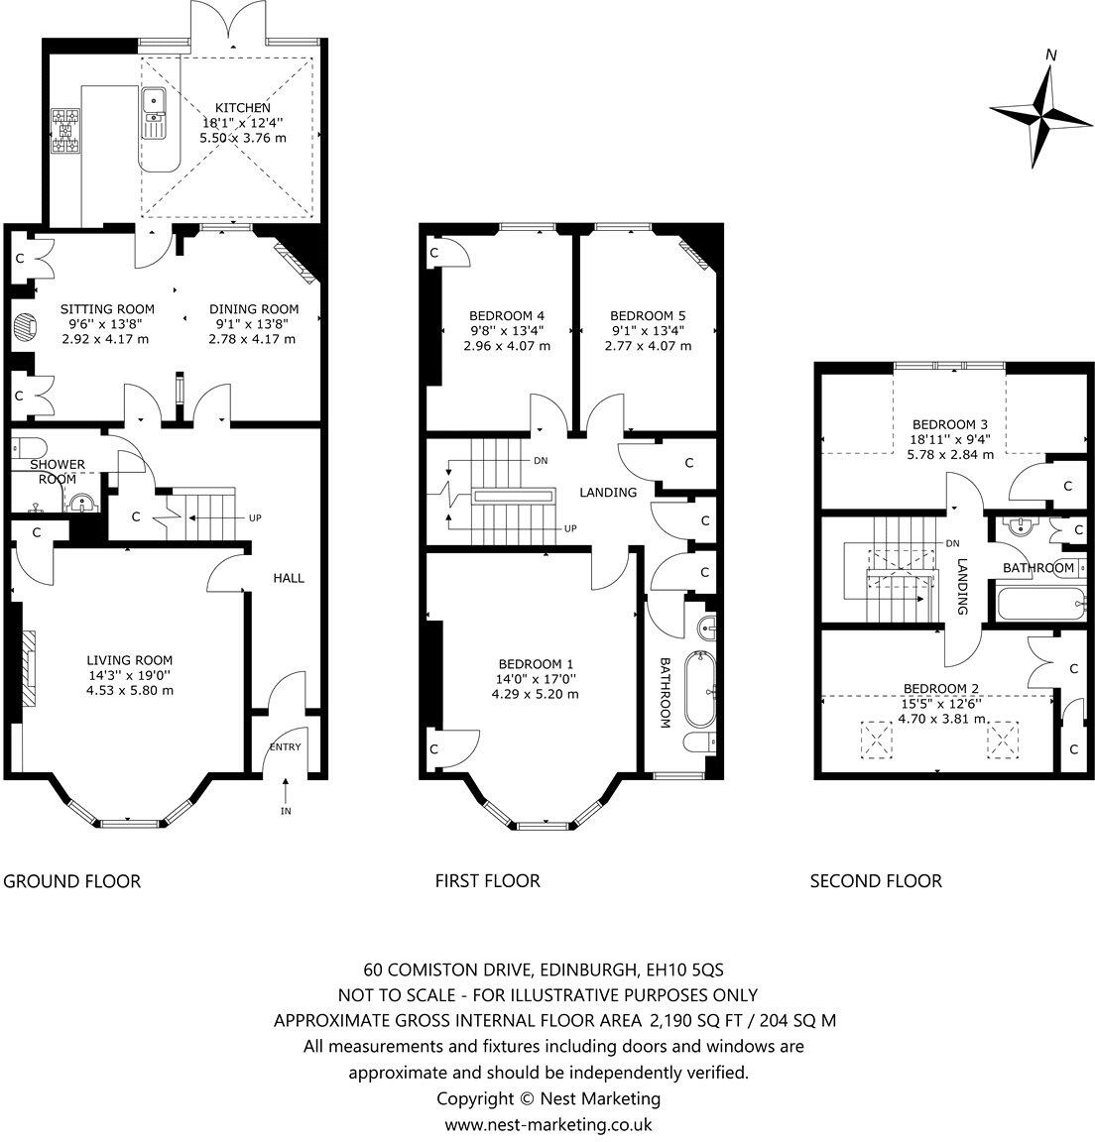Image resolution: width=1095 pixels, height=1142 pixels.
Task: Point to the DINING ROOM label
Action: click(253, 309)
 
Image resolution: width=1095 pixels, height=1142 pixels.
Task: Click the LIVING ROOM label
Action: click(129, 660)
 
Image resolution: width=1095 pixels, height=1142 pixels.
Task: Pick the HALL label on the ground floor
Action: click(289, 578)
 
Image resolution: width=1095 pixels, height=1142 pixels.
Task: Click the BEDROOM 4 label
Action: click(506, 316)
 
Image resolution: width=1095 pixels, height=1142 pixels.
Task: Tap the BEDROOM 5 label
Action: click(647, 316)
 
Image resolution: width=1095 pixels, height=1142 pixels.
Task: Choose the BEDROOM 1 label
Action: click(535, 664)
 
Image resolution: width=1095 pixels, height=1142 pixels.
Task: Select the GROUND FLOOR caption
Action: click(72, 881)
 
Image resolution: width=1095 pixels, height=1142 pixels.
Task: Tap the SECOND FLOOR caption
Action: click(876, 881)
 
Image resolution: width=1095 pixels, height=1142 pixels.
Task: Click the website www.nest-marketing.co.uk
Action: click(547, 1124)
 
